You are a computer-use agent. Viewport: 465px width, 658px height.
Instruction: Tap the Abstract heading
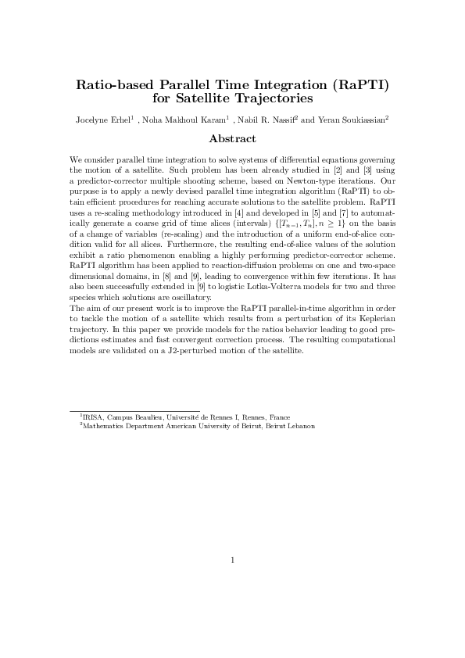click(232, 139)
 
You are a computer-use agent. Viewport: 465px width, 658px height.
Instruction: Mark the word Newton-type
click(296, 179)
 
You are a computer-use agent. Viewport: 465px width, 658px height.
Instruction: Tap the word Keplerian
click(376, 298)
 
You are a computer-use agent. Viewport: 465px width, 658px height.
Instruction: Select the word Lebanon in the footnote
click(300, 426)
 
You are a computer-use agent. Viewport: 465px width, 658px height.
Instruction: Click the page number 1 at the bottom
click(232, 560)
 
